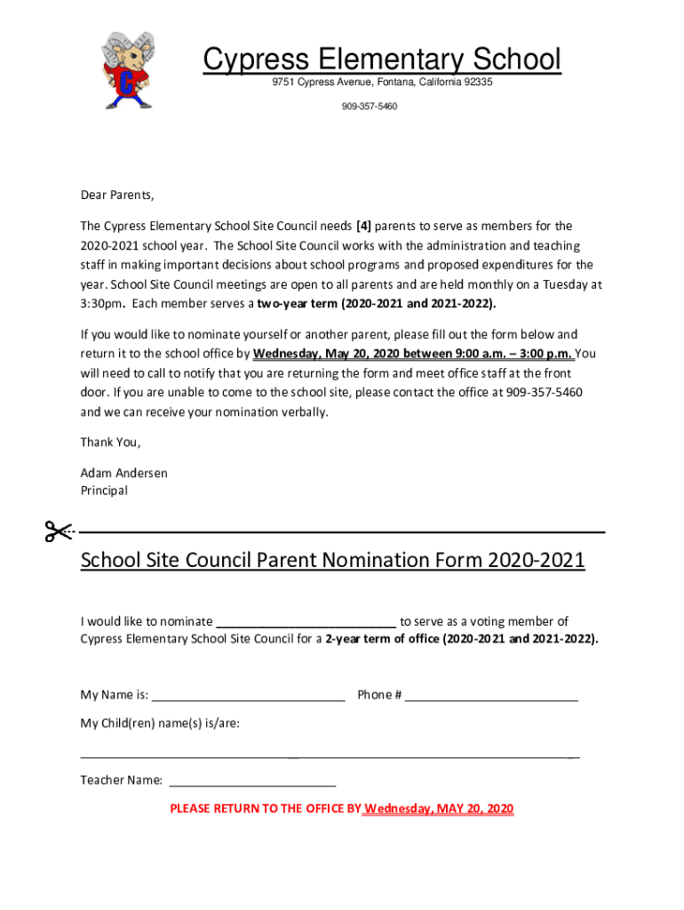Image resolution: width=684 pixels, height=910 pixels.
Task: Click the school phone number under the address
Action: pos(369,107)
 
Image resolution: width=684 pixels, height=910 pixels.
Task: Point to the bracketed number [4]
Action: pos(363,226)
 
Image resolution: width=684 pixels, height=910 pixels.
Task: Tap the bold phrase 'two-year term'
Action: pos(294,304)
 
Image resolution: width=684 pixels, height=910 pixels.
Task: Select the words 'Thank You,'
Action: pos(110,443)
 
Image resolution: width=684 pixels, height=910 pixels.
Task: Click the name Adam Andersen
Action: pos(123,473)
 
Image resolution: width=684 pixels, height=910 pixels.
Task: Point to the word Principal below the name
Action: pos(104,491)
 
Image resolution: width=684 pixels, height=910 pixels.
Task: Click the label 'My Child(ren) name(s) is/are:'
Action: pos(160,723)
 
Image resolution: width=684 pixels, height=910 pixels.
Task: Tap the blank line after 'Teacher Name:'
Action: pos(252,783)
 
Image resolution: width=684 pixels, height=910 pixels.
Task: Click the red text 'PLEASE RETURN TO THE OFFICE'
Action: pos(265,809)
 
